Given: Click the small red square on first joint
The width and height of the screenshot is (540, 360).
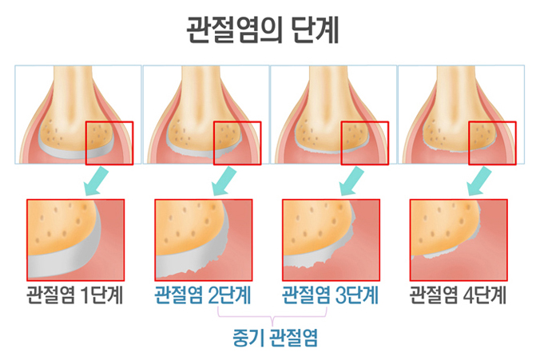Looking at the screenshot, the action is click(109, 143).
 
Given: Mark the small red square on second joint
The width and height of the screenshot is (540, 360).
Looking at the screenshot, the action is click(237, 143).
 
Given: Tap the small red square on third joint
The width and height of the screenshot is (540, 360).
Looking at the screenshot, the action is click(364, 143).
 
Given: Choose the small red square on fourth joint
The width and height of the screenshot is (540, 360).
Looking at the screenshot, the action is click(492, 143).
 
